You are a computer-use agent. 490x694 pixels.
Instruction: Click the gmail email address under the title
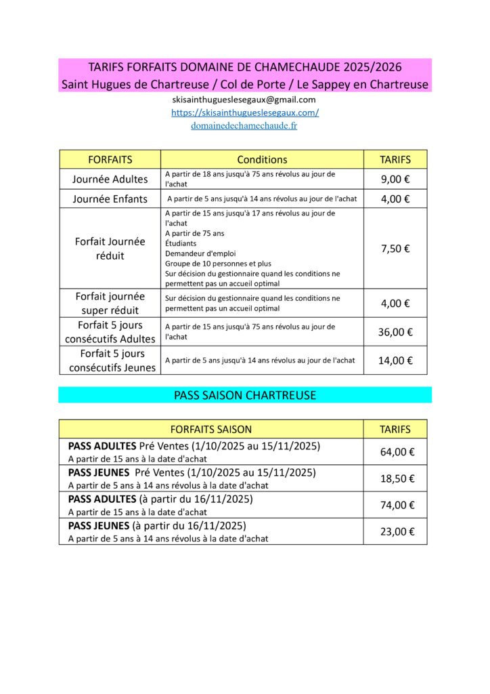click(x=244, y=100)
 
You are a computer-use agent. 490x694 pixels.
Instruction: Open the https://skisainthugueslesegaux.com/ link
click(x=244, y=113)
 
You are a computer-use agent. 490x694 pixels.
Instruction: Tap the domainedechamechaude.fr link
click(x=244, y=125)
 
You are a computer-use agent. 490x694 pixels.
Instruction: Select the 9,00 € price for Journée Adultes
click(x=395, y=179)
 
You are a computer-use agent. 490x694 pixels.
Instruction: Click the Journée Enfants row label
click(x=110, y=199)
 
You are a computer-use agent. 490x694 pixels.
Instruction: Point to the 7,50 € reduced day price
click(x=395, y=248)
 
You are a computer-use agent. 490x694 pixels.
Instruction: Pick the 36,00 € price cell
click(x=395, y=331)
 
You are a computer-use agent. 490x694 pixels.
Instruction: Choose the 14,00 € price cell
click(x=395, y=360)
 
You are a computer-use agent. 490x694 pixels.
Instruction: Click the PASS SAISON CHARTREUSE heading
click(x=244, y=394)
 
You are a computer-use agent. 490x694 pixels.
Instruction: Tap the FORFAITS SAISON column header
click(x=210, y=429)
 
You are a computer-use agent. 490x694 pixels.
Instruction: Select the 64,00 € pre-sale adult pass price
click(x=397, y=451)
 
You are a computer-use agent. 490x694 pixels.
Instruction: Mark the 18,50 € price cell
click(x=397, y=478)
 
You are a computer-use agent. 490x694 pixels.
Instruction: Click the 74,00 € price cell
click(x=397, y=505)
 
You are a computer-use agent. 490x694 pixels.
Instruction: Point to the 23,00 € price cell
click(x=397, y=531)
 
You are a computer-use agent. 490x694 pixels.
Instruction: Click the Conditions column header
click(x=262, y=159)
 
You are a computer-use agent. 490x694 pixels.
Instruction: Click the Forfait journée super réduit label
click(x=110, y=303)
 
